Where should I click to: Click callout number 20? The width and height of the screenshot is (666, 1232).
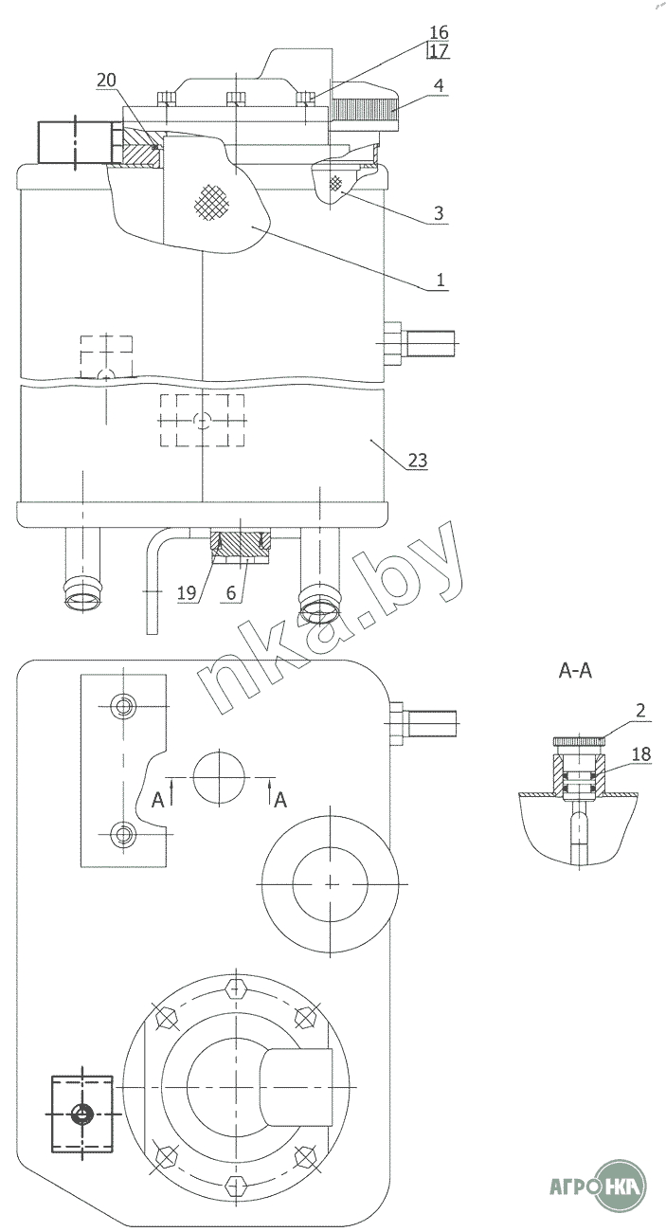(106, 81)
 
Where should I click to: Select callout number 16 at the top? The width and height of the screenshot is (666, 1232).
(439, 32)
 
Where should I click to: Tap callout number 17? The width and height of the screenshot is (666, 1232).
(440, 51)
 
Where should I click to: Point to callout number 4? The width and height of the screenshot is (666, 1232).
(439, 85)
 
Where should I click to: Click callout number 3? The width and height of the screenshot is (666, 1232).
(439, 213)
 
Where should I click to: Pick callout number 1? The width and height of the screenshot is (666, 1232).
(440, 280)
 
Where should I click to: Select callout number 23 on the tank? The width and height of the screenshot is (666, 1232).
(418, 460)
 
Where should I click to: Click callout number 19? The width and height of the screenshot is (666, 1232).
(187, 592)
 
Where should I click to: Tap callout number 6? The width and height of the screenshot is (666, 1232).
(231, 592)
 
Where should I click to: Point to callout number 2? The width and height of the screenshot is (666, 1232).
(640, 710)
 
